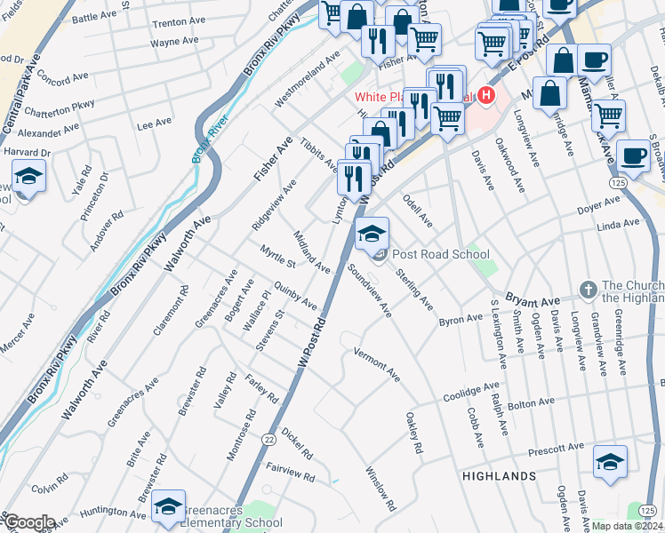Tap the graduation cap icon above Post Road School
tap(372, 235)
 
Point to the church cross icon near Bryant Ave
tap(587, 290)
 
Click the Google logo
tap(28, 522)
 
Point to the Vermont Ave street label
tap(378, 365)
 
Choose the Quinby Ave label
tap(296, 297)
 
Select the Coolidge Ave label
tap(472, 391)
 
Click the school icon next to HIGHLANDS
tap(610, 462)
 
